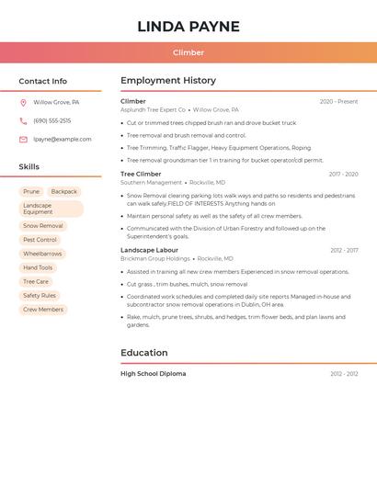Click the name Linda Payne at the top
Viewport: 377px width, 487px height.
(188, 27)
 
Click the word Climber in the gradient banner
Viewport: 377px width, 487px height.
(188, 52)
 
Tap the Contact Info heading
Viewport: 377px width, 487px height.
(42, 81)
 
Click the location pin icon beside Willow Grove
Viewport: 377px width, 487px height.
(23, 103)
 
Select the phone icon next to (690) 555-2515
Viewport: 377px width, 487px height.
(23, 121)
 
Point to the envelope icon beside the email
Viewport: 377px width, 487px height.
(23, 140)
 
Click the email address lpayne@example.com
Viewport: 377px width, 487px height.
(63, 140)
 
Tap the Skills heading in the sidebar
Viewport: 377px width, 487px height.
(29, 167)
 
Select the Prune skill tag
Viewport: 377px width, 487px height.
(31, 192)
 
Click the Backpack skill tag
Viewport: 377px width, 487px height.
(64, 192)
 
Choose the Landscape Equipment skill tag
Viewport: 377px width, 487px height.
(51, 209)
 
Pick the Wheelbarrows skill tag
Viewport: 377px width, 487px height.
(42, 254)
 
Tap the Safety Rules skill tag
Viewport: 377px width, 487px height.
(40, 296)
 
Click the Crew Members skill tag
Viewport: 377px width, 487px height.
(43, 310)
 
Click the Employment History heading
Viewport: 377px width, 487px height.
(168, 81)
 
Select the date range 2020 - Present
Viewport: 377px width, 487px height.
(338, 101)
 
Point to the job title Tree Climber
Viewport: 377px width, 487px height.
(141, 174)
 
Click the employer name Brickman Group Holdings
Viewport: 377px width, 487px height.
(155, 259)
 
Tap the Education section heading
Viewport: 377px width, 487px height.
(144, 353)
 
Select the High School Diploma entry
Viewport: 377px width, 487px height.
(153, 374)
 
